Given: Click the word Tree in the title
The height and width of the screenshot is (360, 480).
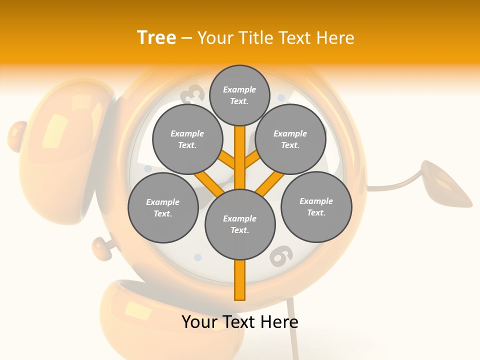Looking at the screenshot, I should point(156,37).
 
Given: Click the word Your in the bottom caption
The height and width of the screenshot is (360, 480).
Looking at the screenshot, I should point(200,322).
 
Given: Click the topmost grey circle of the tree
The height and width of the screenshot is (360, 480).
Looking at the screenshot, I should point(239,95).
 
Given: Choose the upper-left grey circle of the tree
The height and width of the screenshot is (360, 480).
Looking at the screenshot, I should point(187,139).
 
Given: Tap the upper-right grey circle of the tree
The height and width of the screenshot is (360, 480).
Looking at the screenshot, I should point(290,139).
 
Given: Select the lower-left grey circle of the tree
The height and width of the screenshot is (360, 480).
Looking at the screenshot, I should point(163,207).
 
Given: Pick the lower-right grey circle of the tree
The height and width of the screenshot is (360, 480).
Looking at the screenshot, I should point(316,206).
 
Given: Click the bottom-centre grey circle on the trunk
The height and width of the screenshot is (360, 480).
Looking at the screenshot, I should point(240,224).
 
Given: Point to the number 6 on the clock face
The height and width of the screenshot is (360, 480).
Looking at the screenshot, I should point(279,255).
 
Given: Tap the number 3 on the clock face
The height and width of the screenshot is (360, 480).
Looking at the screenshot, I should point(194,94).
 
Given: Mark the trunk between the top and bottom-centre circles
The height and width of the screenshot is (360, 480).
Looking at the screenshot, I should point(240,157).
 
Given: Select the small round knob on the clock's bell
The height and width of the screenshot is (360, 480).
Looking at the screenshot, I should point(17,135).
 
